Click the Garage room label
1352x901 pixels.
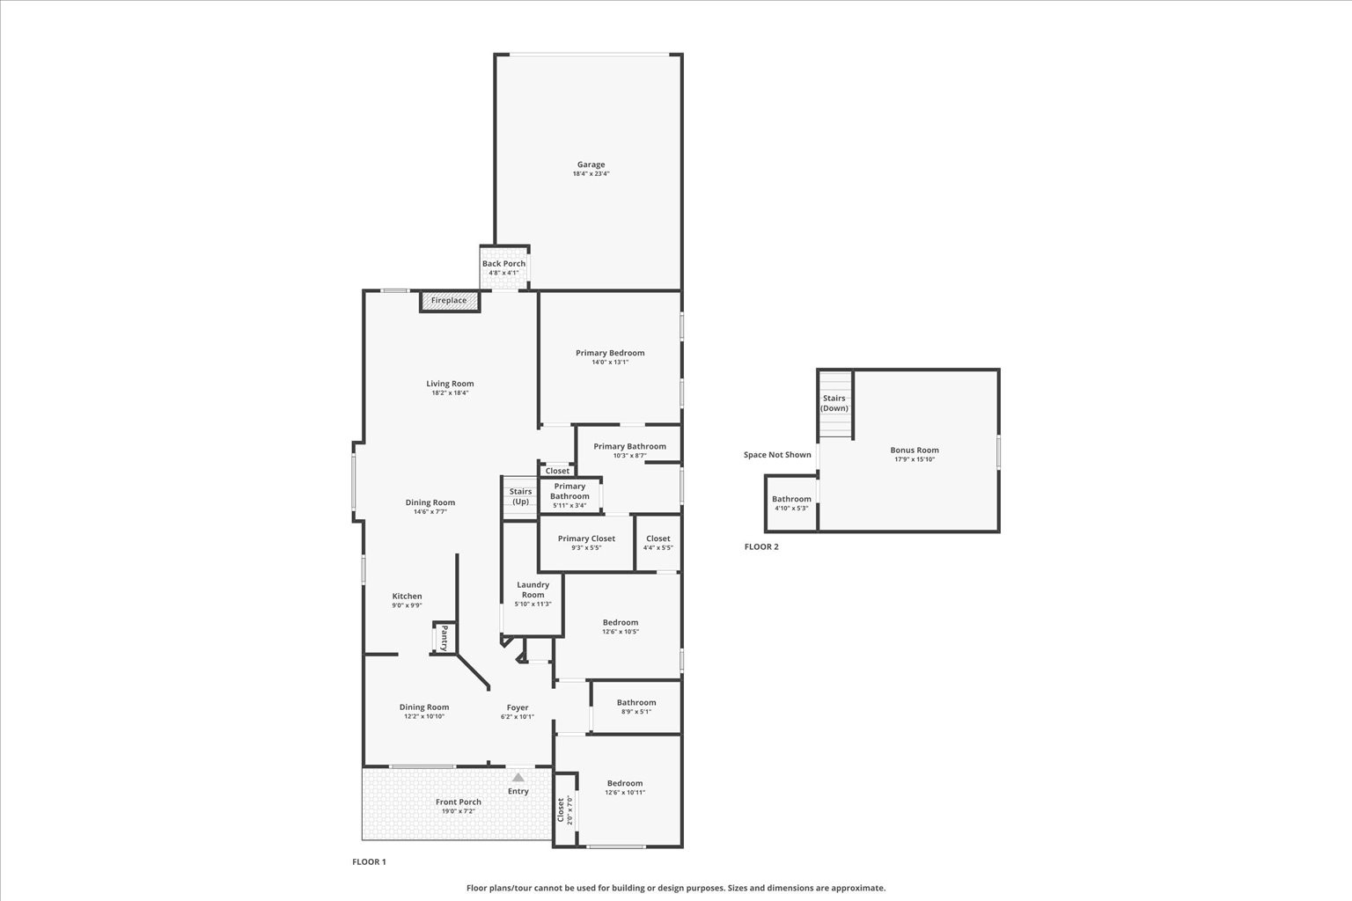point(591,165)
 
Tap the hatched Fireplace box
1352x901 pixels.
point(449,301)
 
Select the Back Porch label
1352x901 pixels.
point(503,263)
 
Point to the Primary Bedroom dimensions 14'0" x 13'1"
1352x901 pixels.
point(610,362)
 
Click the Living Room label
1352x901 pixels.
point(450,384)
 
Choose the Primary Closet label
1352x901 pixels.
point(586,538)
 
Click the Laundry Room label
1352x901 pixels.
point(533,590)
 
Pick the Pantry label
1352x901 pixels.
point(445,637)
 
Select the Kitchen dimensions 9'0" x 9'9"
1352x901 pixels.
point(407,605)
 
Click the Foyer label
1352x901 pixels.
point(518,707)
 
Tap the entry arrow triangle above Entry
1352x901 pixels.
point(518,777)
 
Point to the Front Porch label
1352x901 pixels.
point(459,802)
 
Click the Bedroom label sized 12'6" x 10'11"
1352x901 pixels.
point(625,783)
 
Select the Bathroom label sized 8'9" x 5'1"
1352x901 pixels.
point(636,702)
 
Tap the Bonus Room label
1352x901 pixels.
point(915,450)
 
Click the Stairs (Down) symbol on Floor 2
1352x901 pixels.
point(834,405)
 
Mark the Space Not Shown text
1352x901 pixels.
point(777,455)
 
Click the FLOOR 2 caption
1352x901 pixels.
point(761,546)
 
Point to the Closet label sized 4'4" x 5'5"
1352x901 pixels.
point(658,538)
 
